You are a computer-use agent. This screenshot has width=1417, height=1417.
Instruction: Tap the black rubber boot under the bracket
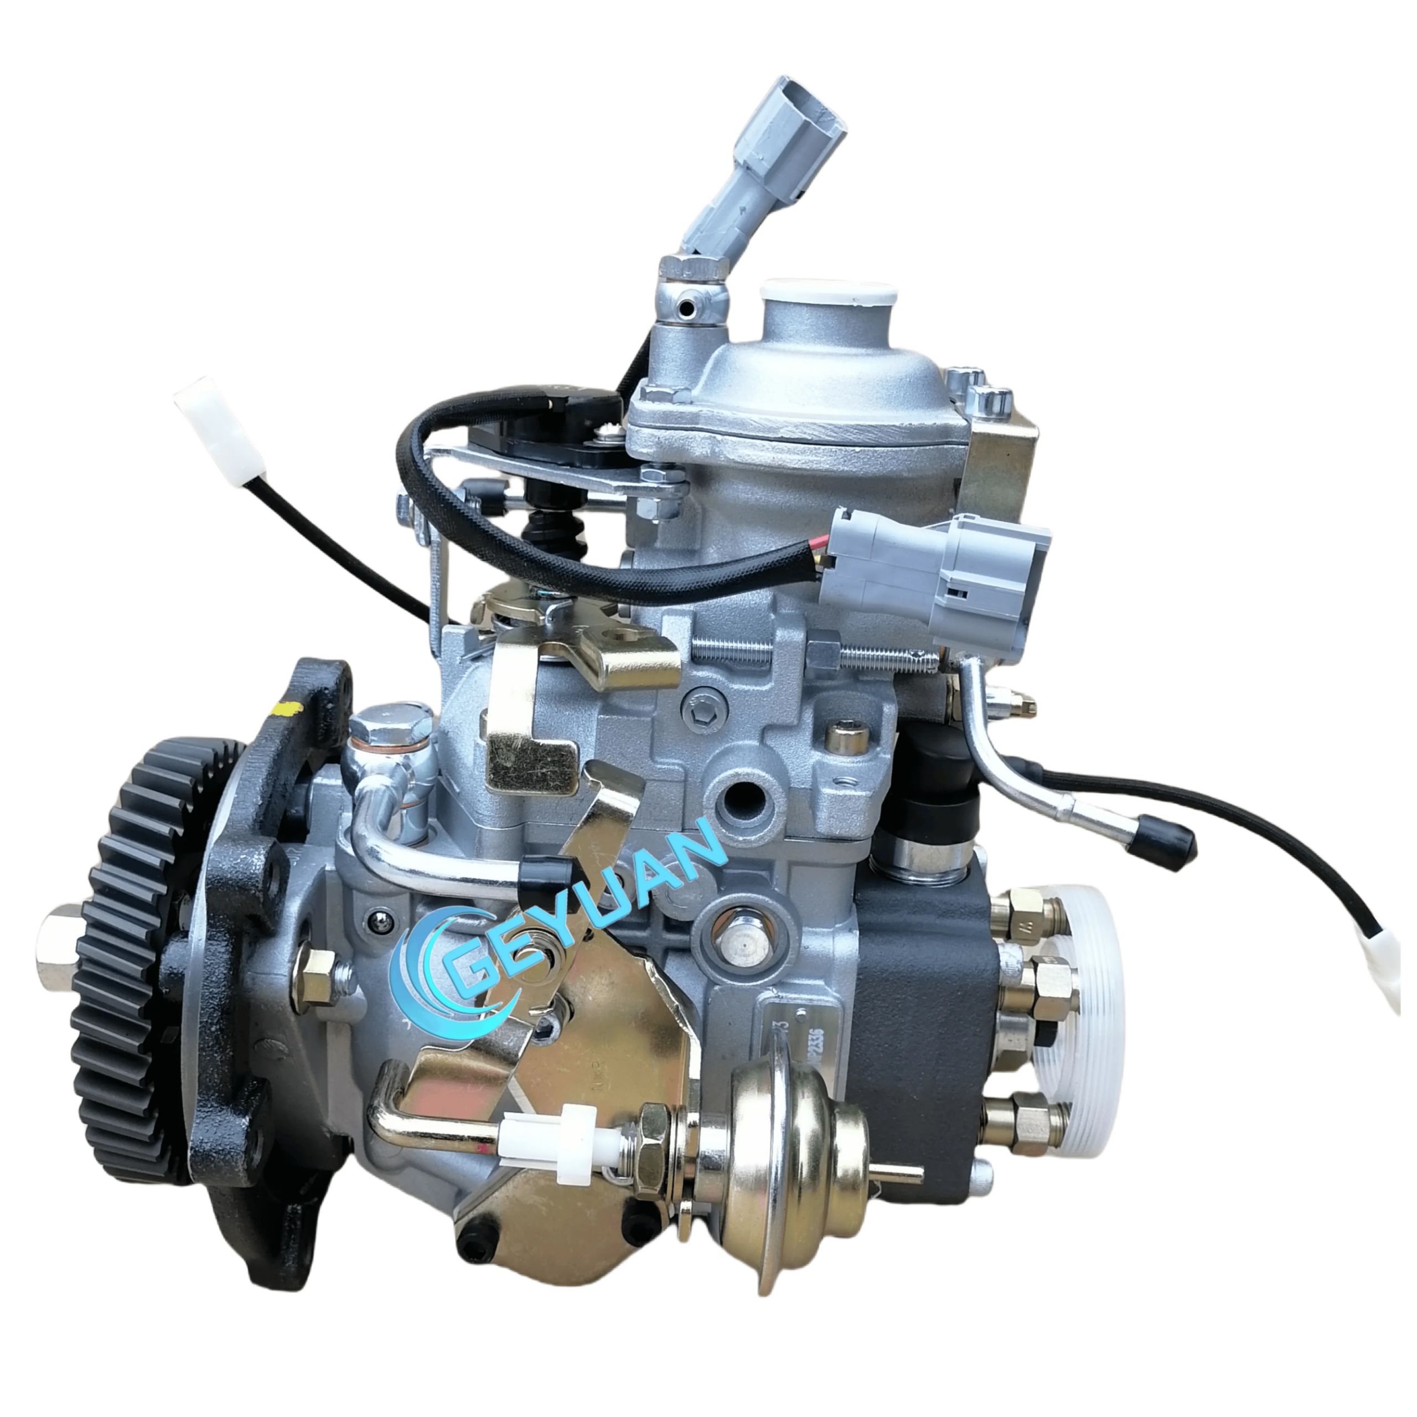tap(546, 528)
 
